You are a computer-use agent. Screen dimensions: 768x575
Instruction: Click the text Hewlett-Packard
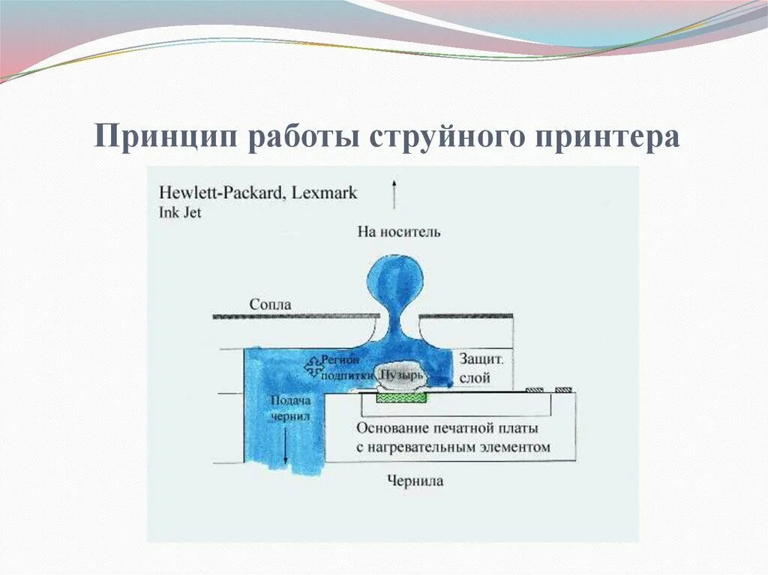coord(220,193)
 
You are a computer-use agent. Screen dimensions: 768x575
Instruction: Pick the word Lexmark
coord(324,193)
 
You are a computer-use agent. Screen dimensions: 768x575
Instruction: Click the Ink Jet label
coord(180,212)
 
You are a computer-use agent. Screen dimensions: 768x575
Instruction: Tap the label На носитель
coord(399,232)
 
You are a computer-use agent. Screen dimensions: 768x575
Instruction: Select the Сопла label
coord(270,305)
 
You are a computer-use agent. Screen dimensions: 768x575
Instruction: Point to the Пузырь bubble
coord(402,373)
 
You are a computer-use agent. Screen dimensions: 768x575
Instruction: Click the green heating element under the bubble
coord(401,398)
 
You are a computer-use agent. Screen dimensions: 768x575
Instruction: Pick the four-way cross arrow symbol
coord(313,367)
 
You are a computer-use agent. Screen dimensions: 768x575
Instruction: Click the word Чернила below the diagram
coord(415,481)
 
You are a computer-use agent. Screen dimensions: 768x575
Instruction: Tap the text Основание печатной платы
coord(448,429)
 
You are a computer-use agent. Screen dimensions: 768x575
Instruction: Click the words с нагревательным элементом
coord(454,448)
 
